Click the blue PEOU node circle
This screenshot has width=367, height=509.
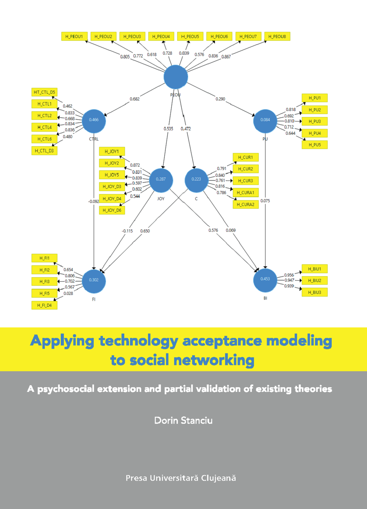176,77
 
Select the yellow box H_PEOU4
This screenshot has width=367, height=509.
161,36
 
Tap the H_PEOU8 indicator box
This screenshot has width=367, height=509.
277,36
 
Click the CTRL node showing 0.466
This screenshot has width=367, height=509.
94,121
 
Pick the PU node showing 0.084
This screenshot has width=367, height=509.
265,121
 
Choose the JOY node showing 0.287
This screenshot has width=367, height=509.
161,180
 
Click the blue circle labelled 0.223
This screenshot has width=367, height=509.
196,180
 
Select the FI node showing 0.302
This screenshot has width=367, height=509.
94,281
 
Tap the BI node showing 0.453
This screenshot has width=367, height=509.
265,280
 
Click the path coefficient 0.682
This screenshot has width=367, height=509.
134,99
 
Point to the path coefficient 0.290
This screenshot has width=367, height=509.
220,99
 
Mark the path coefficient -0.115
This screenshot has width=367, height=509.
127,231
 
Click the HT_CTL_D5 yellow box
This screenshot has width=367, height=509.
44,92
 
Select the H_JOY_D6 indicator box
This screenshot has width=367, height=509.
112,210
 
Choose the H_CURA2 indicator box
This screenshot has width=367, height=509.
245,205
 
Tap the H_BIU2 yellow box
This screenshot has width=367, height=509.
314,281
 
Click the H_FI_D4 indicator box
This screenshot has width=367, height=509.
44,305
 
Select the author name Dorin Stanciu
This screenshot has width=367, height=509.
183,420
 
